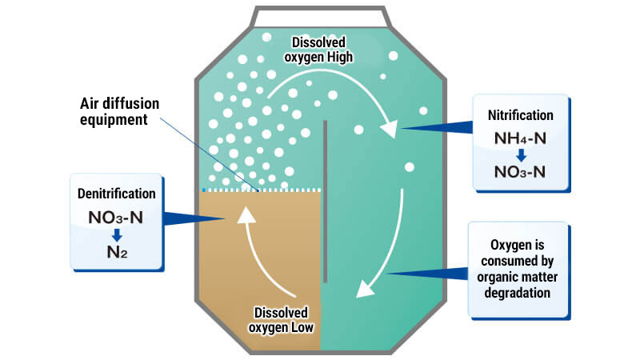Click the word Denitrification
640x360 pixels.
(x=118, y=194)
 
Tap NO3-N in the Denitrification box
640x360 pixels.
(x=117, y=216)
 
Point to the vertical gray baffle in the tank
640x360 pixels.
(x=326, y=200)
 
